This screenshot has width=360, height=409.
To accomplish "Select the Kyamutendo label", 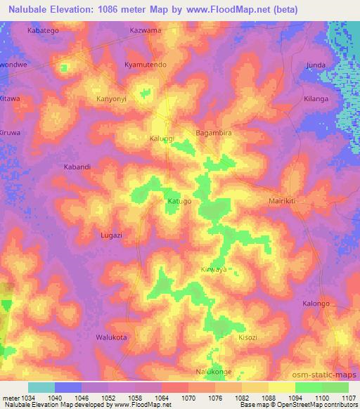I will [145, 65].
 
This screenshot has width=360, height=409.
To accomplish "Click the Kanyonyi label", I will [111, 99].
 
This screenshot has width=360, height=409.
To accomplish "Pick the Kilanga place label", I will [316, 99].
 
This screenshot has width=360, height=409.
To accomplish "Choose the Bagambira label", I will [213, 132].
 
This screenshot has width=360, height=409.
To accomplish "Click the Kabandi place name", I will [77, 167].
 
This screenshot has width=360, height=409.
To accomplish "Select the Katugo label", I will [179, 201].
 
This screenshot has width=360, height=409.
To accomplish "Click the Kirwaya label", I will [214, 269].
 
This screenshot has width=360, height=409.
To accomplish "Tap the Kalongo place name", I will [316, 304].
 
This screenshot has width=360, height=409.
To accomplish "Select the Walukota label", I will [111, 337].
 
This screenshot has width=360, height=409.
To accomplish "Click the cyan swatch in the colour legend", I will [41, 387].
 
